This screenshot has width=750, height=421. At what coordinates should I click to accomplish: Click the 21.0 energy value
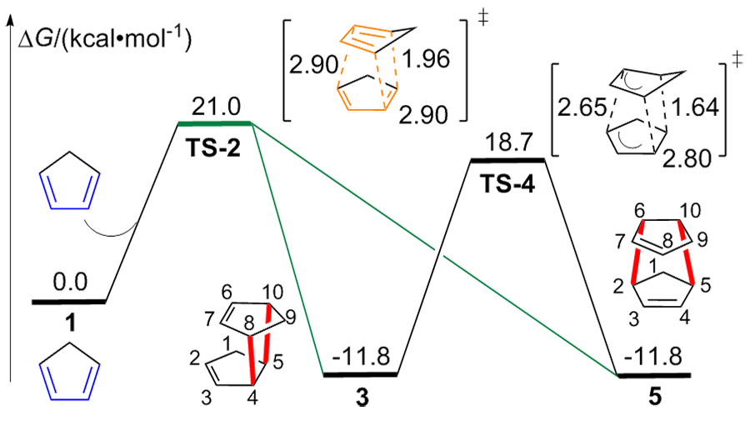(216, 108)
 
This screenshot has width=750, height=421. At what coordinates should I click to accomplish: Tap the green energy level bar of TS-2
(215, 126)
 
